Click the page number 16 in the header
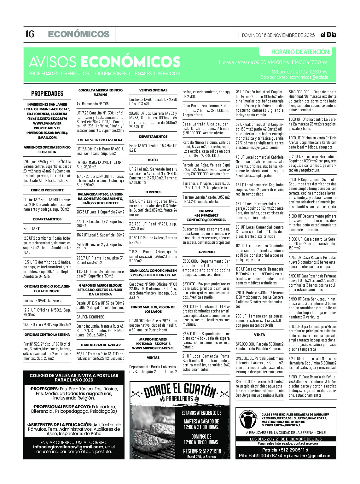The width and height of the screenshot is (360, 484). [x=30, y=34]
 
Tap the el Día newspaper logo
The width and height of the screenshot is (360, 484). [x=328, y=35]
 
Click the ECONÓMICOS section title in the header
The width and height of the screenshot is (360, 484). [x=79, y=34]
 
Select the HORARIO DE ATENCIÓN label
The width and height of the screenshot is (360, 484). [x=300, y=52]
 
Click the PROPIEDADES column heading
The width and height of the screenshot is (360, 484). [x=47, y=93]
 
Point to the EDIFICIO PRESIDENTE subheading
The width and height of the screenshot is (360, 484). [x=47, y=190]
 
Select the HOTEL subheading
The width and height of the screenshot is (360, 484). [x=153, y=160]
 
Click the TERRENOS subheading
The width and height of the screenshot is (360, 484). [x=153, y=192]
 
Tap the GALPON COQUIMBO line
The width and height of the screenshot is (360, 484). [x=90, y=317]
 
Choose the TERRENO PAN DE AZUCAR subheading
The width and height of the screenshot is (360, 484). [x=101, y=345]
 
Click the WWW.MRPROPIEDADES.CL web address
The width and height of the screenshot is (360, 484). [x=153, y=348]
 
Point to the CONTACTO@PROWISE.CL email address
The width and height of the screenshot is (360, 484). [x=206, y=220]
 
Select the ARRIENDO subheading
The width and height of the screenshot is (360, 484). [x=206, y=252]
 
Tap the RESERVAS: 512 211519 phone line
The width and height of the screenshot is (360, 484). [x=202, y=451]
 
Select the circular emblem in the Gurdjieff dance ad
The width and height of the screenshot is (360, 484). [x=249, y=420]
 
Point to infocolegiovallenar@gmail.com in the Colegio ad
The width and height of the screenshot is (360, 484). [x=68, y=447]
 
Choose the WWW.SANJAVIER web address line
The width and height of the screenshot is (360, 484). [x=47, y=123]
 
